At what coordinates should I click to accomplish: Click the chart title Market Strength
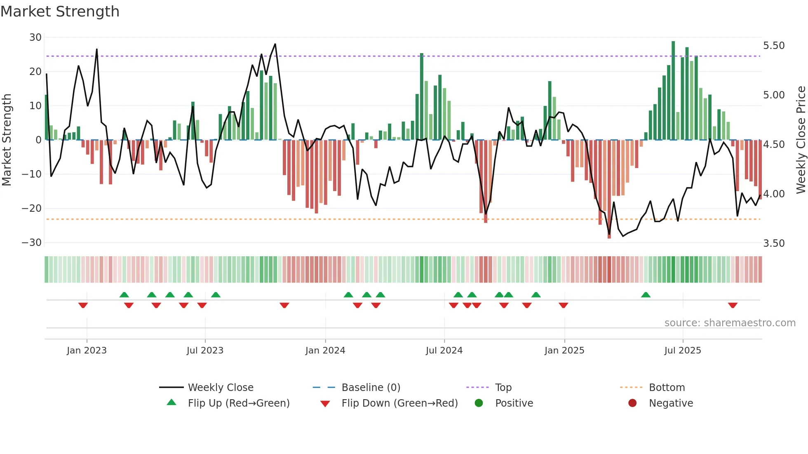pos(60,12)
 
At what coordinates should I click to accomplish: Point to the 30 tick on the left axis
pos(35,37)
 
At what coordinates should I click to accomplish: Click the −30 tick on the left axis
pos(32,243)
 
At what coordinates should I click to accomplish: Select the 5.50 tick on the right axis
pos(774,46)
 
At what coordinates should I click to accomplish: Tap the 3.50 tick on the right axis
pos(774,243)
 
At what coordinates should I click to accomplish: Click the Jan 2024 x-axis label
pos(325,351)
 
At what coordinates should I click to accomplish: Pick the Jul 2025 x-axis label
pos(683,351)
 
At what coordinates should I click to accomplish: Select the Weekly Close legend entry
pos(221,388)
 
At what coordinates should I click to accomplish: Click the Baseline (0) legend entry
pos(371,388)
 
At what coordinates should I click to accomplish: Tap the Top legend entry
pos(503,388)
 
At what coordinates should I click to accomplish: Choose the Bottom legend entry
pos(667,388)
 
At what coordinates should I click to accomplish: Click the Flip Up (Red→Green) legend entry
pos(239,403)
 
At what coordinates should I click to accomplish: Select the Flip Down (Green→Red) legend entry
pos(399,403)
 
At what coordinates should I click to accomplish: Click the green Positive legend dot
pos(479,403)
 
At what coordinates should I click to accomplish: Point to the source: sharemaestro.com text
pos(730,323)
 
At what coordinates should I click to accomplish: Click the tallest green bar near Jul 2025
pos(673,91)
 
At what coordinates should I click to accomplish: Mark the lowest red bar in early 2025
pos(609,190)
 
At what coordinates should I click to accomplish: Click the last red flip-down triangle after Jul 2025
pos(733,305)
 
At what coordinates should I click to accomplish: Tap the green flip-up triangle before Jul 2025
pos(646,295)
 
